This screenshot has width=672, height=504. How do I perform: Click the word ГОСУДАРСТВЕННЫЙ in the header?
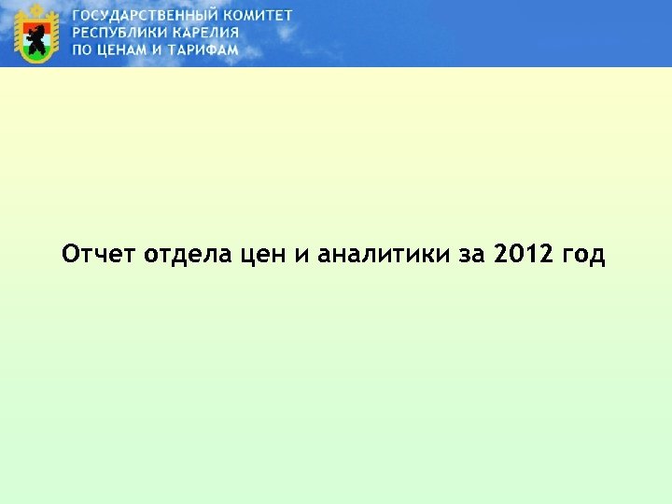click(147, 17)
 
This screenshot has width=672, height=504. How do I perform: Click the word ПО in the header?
click(82, 49)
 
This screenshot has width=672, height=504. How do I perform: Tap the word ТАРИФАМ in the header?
click(205, 49)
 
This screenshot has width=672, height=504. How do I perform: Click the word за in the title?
click(474, 254)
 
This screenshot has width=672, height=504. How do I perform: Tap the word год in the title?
click(584, 254)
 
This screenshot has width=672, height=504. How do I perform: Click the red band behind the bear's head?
click(27, 26)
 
